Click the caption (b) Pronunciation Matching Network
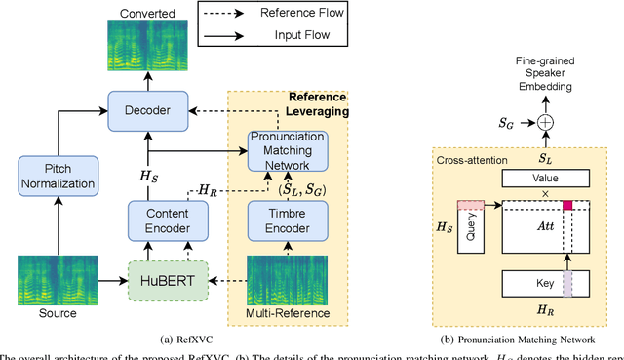[x=518, y=340]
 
